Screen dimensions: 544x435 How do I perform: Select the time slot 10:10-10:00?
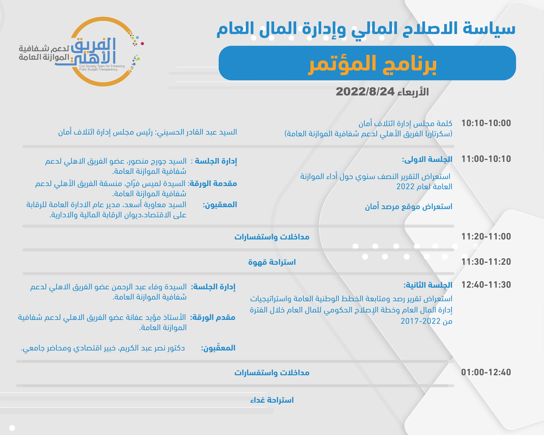[x=486, y=123]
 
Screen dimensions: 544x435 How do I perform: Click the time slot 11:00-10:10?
[x=486, y=159]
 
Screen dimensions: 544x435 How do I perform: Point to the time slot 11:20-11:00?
[x=486, y=236]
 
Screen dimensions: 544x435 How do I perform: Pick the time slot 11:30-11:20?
[x=486, y=262]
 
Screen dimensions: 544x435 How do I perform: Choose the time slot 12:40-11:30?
[x=486, y=285]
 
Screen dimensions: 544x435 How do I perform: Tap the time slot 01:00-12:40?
[x=486, y=372]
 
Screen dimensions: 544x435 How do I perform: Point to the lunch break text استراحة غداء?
[x=272, y=400]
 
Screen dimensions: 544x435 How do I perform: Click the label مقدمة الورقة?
[x=213, y=183]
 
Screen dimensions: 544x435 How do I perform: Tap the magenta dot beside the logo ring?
[x=142, y=44]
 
